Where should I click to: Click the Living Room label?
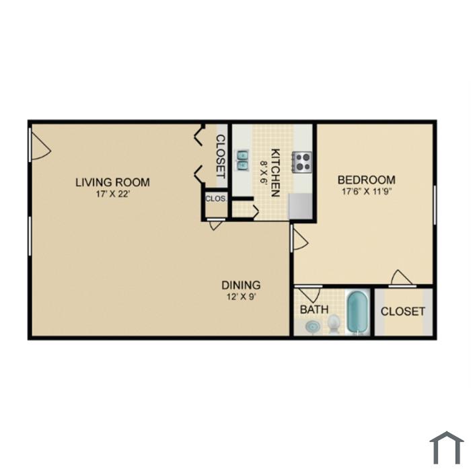[x=112, y=182]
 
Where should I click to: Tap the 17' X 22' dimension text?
[x=112, y=194]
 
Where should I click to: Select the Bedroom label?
[x=367, y=180]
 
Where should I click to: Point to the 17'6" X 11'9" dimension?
[x=367, y=191]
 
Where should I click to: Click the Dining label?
[x=241, y=285]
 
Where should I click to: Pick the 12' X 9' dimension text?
[x=241, y=297]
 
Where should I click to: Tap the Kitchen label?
[x=276, y=173]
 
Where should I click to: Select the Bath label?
[x=314, y=310]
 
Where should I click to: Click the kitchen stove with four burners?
[x=302, y=162]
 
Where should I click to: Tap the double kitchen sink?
[x=242, y=160]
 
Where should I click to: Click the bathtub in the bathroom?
[x=358, y=312]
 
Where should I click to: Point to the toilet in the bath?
[x=334, y=324]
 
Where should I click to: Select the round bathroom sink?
[x=313, y=326]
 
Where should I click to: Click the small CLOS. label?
[x=215, y=198]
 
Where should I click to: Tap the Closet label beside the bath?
[x=403, y=312]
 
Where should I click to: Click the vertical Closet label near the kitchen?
[x=221, y=157]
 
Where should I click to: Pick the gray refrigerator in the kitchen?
[x=300, y=206]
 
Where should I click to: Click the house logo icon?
[x=447, y=448]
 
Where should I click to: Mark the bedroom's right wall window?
[x=435, y=205]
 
